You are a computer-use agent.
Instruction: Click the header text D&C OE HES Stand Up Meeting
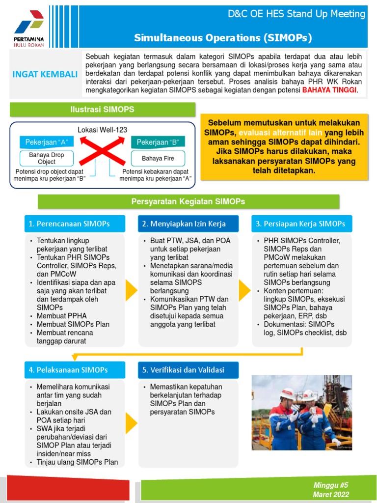pyautogui.click(x=296, y=14)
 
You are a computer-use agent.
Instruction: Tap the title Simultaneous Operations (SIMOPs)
pyautogui.click(x=223, y=38)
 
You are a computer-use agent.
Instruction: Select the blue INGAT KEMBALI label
pyautogui.click(x=45, y=75)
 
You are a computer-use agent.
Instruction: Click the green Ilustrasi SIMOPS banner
pyautogui.click(x=102, y=110)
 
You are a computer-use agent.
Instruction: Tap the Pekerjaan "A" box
pyautogui.click(x=47, y=142)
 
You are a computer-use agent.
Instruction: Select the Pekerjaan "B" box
pyautogui.click(x=158, y=142)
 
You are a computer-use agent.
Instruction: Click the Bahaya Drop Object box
pyautogui.click(x=47, y=158)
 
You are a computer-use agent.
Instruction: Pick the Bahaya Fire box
pyautogui.click(x=158, y=158)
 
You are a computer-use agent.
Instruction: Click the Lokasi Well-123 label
pyautogui.click(x=102, y=130)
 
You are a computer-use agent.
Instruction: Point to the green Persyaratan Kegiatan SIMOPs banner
pyautogui.click(x=188, y=201)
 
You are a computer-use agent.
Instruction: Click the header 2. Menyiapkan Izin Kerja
pyautogui.click(x=188, y=224)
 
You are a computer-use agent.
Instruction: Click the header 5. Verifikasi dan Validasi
pyautogui.click(x=188, y=369)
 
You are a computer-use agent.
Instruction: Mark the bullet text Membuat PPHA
pyautogui.click(x=55, y=316)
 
